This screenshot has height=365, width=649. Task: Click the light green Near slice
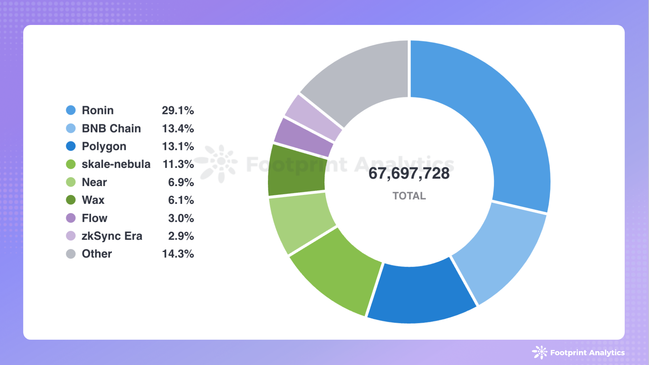pyautogui.click(x=301, y=223)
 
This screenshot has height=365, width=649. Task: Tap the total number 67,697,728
pyautogui.click(x=409, y=174)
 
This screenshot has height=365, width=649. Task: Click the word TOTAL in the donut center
pyautogui.click(x=409, y=196)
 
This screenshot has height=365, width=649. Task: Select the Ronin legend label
pyautogui.click(x=97, y=110)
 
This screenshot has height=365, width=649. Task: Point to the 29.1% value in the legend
pyautogui.click(x=178, y=110)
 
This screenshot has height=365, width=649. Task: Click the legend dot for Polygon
pyautogui.click(x=71, y=146)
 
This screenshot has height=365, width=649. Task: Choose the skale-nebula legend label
pyautogui.click(x=116, y=164)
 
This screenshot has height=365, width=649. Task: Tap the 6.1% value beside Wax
pyautogui.click(x=181, y=200)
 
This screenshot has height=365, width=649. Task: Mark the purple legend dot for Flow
pyautogui.click(x=71, y=218)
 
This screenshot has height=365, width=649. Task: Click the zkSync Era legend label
pyautogui.click(x=112, y=236)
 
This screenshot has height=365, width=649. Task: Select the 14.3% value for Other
pyautogui.click(x=178, y=254)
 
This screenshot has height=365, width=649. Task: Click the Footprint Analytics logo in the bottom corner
pyautogui.click(x=578, y=353)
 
